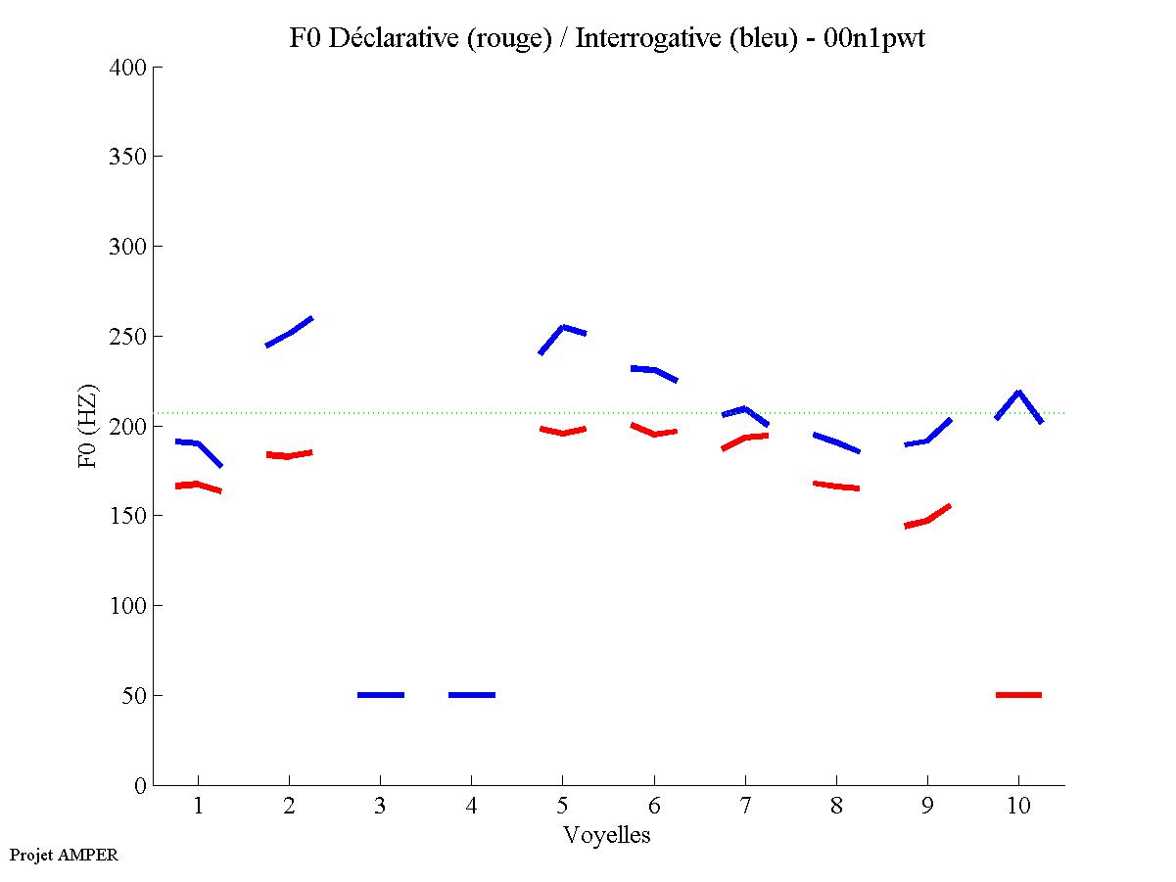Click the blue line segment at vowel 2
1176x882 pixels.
[290, 333]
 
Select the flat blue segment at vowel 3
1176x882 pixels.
[381, 695]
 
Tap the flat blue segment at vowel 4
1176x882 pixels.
[472, 695]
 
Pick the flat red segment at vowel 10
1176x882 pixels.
[1018, 695]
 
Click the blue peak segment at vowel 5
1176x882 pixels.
[563, 329]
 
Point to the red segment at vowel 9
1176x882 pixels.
[927, 520]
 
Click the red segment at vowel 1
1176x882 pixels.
[197, 485]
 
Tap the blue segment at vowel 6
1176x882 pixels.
[654, 370]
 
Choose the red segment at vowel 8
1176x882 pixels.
[836, 486]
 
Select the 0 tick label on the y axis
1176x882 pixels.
[141, 786]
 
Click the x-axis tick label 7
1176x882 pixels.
[745, 807]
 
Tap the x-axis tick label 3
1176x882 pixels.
[381, 807]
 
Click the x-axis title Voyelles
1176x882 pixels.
[607, 835]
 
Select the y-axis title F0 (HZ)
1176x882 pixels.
[89, 426]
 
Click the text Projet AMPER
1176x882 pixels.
[64, 855]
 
